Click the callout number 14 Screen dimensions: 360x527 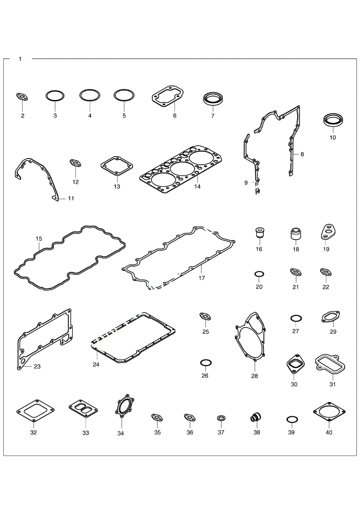[198, 186]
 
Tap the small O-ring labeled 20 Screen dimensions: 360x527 [259, 275]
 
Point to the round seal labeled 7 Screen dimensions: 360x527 [212, 99]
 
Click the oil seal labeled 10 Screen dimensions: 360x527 [333, 121]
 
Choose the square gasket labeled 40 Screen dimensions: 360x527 [329, 412]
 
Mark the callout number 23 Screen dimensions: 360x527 [37, 366]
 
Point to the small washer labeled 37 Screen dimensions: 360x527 [221, 418]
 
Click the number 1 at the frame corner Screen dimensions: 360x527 [20, 59]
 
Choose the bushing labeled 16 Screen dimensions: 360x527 [259, 233]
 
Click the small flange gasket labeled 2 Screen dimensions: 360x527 [23, 97]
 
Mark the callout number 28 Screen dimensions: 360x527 [254, 376]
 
